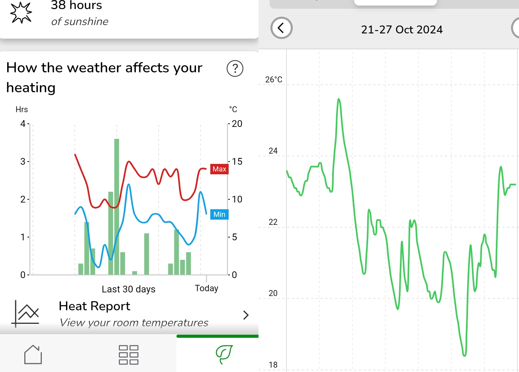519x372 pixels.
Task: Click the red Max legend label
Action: (219, 169)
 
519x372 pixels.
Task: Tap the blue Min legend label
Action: (219, 214)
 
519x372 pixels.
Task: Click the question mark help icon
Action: (235, 68)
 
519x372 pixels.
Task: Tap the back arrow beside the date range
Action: (282, 28)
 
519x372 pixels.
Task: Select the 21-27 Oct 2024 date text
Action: (401, 30)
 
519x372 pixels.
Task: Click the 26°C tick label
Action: (274, 80)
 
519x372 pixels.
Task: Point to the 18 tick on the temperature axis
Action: (273, 365)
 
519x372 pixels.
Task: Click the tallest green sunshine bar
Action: (117, 206)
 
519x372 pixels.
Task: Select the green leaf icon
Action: (224, 354)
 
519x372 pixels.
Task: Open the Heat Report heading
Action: (94, 306)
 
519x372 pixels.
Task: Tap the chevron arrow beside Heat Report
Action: (246, 315)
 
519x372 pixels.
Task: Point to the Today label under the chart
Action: (206, 288)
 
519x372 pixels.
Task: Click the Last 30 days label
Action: (128, 289)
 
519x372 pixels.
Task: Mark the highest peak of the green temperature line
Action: (339, 99)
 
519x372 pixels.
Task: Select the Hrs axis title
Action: (22, 109)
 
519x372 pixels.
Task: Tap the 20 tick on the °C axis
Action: (237, 124)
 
